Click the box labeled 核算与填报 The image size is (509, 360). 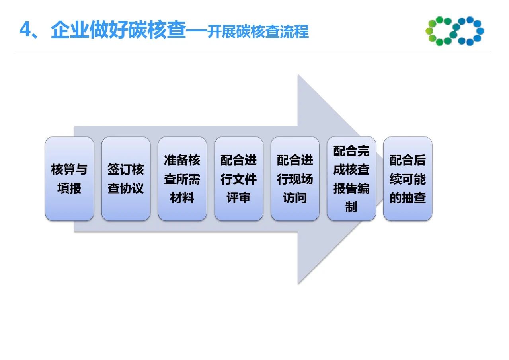point(70,179)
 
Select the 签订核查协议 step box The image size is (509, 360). point(126,179)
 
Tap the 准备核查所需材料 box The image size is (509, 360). point(182,179)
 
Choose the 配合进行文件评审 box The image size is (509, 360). point(239,179)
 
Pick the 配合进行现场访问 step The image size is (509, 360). point(295,179)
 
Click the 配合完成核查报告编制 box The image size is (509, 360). point(351,179)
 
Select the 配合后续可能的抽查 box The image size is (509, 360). point(408,179)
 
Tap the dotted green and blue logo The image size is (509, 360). point(455,31)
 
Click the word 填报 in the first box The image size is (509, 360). point(69,188)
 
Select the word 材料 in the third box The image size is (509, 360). point(182,198)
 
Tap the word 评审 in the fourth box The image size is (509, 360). point(238,198)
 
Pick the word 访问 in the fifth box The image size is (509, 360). point(295,198)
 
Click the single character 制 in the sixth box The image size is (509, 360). point(351,207)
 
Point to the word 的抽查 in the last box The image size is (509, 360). point(408,198)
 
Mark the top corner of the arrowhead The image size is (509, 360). point(298,74)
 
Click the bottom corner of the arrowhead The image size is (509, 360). point(298,284)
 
